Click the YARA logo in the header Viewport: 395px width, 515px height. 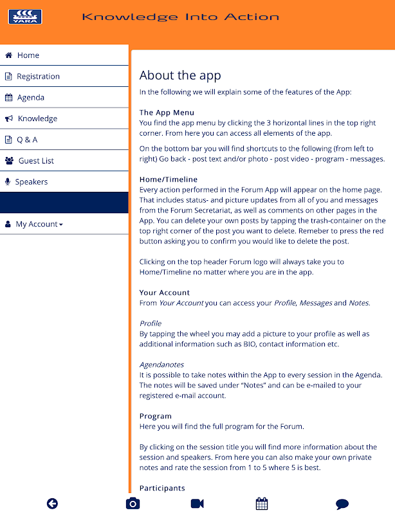(25, 17)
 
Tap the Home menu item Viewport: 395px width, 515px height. (28, 55)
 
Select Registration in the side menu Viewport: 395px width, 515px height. (38, 77)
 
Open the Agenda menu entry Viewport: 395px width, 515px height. (30, 98)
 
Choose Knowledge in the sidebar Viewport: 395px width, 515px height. (37, 118)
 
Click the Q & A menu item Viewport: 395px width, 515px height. (27, 140)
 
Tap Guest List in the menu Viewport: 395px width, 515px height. (36, 161)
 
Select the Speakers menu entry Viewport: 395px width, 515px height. (31, 182)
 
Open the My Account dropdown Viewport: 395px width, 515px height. (39, 224)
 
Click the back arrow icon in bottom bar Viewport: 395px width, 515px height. (52, 503)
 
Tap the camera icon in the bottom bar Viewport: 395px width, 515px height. (132, 503)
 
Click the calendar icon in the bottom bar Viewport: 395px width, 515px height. (261, 503)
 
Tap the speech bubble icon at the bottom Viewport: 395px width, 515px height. (342, 504)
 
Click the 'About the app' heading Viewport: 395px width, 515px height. (180, 75)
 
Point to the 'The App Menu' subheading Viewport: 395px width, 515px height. (167, 113)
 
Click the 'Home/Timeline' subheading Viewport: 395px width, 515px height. (169, 180)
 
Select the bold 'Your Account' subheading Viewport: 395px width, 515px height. (165, 292)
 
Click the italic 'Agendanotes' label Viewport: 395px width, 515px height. (161, 364)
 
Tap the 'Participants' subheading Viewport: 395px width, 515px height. (162, 488)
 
